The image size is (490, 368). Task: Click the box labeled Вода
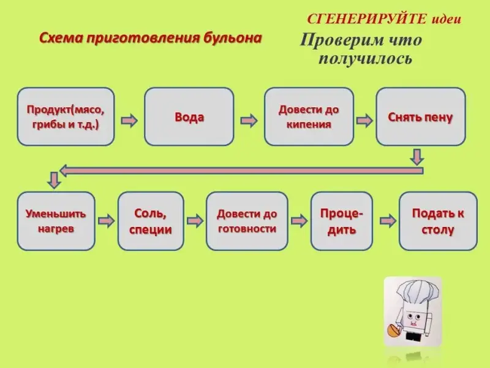pyautogui.click(x=189, y=117)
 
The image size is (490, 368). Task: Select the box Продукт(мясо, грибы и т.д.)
pyautogui.click(x=66, y=117)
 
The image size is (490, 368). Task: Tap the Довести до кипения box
pyautogui.click(x=309, y=117)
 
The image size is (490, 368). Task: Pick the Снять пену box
pyautogui.click(x=420, y=117)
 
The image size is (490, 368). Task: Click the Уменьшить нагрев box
pyautogui.click(x=56, y=221)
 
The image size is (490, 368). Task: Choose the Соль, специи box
pyautogui.click(x=151, y=221)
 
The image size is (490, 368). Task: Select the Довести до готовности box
pyautogui.click(x=247, y=221)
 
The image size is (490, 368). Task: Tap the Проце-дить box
pyautogui.click(x=341, y=221)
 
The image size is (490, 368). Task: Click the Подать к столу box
pyautogui.click(x=437, y=221)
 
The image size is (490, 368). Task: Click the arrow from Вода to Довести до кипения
pyautogui.click(x=249, y=120)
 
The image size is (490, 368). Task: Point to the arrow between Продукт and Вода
pyautogui.click(x=129, y=120)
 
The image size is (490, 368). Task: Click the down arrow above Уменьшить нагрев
pyautogui.click(x=54, y=180)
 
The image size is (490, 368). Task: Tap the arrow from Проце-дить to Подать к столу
pyautogui.click(x=387, y=220)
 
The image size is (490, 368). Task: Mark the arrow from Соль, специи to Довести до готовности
pyautogui.click(x=195, y=220)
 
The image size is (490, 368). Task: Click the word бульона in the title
pyautogui.click(x=232, y=38)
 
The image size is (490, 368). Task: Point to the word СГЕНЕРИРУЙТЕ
pyautogui.click(x=365, y=18)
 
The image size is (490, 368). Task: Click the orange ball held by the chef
pyautogui.click(x=391, y=331)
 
